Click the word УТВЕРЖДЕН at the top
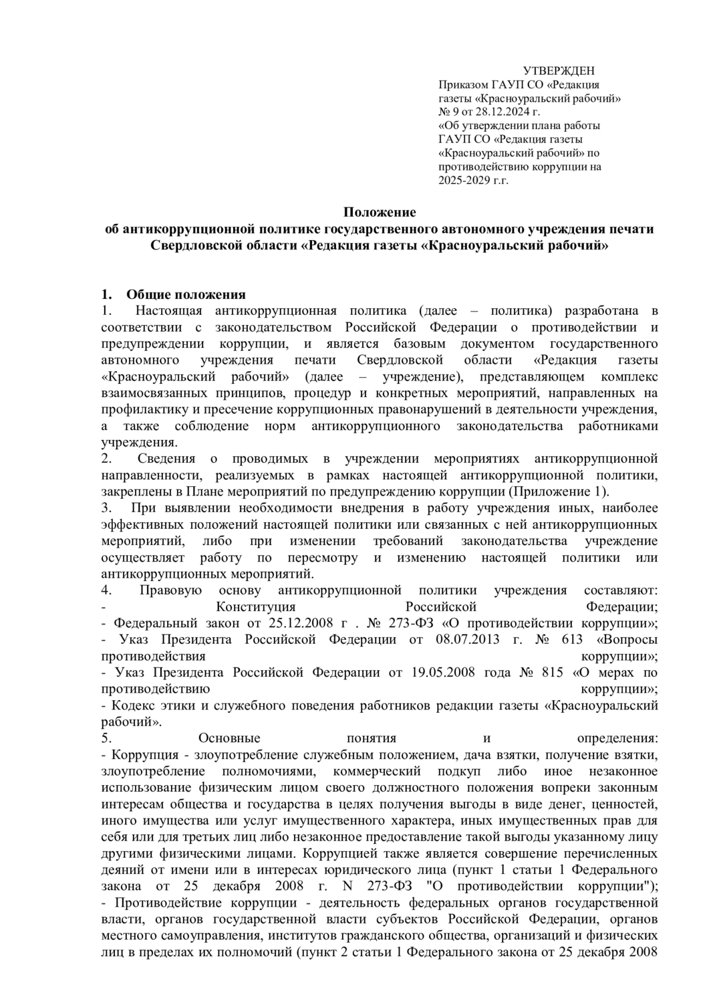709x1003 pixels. click(558, 72)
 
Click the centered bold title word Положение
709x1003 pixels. click(380, 213)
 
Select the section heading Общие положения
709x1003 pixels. click(186, 294)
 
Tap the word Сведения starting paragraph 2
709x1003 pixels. click(166, 459)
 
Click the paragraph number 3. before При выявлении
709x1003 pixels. click(105, 508)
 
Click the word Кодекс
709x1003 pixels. click(132, 705)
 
